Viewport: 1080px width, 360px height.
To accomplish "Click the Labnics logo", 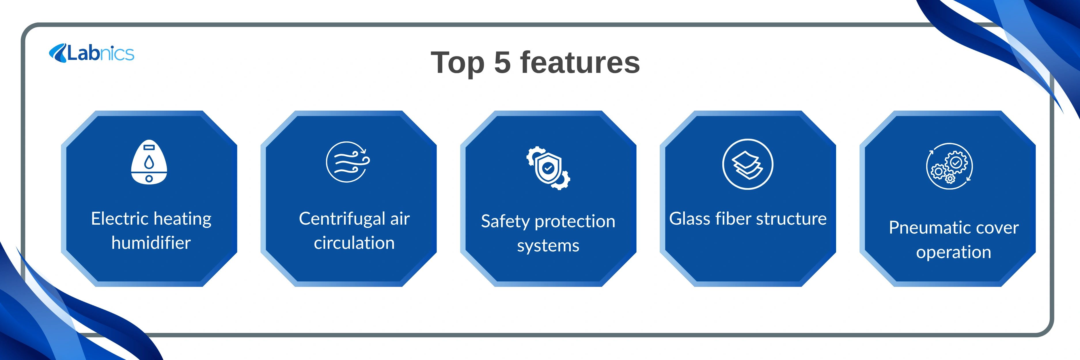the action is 91,53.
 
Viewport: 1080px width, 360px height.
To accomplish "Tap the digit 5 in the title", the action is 502,63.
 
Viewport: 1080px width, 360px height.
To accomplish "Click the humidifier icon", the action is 149,162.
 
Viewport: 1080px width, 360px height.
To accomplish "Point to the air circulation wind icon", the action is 348,162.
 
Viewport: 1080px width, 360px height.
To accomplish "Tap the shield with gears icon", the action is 548,168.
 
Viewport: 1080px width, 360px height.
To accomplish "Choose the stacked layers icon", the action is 748,164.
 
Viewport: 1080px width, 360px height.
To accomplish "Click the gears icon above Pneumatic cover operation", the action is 949,166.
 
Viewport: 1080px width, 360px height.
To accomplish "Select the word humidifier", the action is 151,243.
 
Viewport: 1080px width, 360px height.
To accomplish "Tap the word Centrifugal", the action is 342,219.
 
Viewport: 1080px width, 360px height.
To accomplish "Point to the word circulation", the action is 354,243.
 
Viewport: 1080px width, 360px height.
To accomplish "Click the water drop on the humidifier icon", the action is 149,162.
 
